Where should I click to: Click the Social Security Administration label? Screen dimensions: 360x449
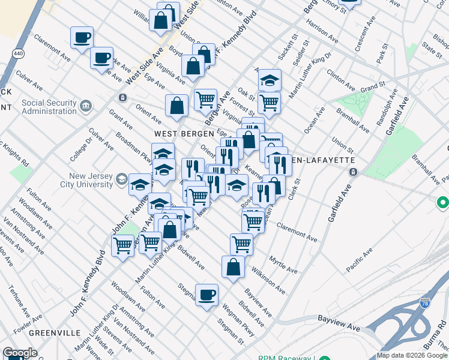point(49,107)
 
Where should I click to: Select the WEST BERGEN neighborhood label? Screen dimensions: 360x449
point(176,134)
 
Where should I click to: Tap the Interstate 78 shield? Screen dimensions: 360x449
point(426,305)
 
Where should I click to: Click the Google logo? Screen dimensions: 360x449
point(20,353)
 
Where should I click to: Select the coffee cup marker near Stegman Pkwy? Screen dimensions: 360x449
point(207,295)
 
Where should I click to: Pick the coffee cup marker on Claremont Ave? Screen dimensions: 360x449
point(82,38)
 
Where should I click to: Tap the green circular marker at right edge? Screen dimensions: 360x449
point(442,204)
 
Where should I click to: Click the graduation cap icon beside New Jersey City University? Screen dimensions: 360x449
point(121,179)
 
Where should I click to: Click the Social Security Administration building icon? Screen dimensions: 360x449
point(86,107)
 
